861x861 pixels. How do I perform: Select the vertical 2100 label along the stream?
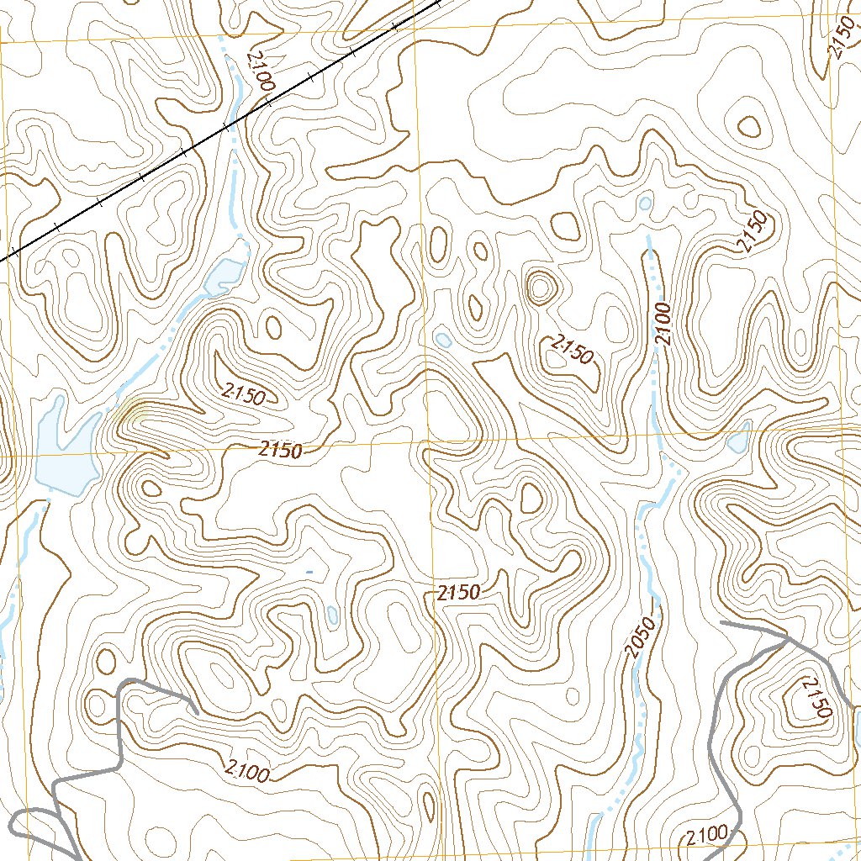click(664, 324)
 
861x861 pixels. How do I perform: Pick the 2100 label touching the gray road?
click(705, 836)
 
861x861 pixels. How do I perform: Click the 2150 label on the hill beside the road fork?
click(815, 699)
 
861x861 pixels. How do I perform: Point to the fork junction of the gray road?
click(787, 639)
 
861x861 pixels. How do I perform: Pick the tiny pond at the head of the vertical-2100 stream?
click(646, 203)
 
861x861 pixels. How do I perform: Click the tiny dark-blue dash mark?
click(309, 573)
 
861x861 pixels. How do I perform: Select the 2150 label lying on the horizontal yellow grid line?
click(280, 450)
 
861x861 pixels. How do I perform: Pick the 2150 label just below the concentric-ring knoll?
click(573, 350)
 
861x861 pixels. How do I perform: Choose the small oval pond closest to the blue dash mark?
click(332, 614)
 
